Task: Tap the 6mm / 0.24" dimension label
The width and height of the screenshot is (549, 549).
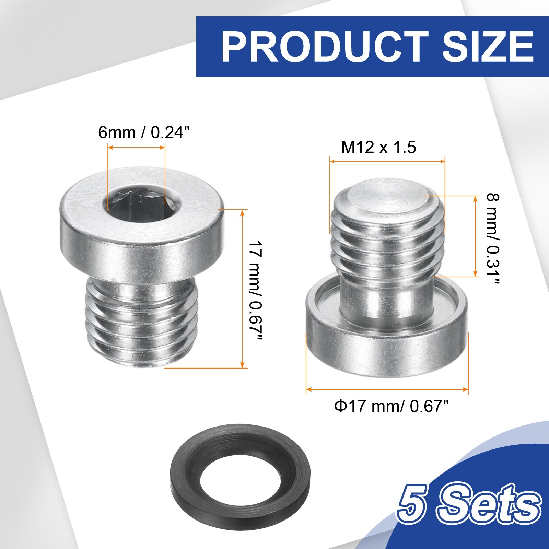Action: (144, 132)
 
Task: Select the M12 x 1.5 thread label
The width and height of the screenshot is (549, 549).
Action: (378, 147)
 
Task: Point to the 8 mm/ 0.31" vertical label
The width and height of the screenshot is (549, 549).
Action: (493, 239)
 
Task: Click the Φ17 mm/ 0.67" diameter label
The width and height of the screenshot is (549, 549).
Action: (392, 407)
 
